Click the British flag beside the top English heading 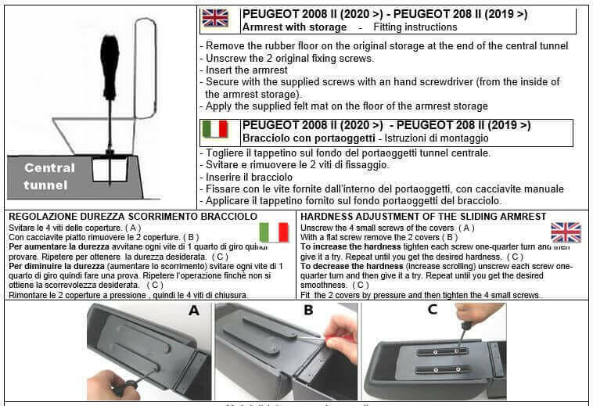pyautogui.click(x=214, y=19)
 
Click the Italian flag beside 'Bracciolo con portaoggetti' pyautogui.click(x=214, y=129)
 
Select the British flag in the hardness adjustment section pyautogui.click(x=565, y=232)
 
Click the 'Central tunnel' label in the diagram pyautogui.click(x=49, y=176)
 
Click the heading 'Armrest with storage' pyautogui.click(x=294, y=27)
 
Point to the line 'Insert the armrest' pyautogui.click(x=247, y=70)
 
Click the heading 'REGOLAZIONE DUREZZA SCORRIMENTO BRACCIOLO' pyautogui.click(x=132, y=216)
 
